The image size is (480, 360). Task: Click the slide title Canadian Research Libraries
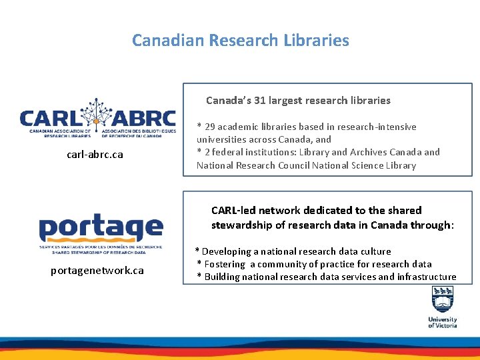[x=240, y=41]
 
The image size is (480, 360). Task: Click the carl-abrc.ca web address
[x=95, y=155]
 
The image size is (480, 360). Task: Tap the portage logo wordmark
[x=101, y=229]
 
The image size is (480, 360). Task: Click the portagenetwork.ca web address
[x=97, y=271]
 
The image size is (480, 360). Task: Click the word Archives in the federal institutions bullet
[x=380, y=152]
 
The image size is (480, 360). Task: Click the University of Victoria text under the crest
[x=443, y=323]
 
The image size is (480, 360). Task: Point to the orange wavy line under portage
[x=101, y=241]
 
